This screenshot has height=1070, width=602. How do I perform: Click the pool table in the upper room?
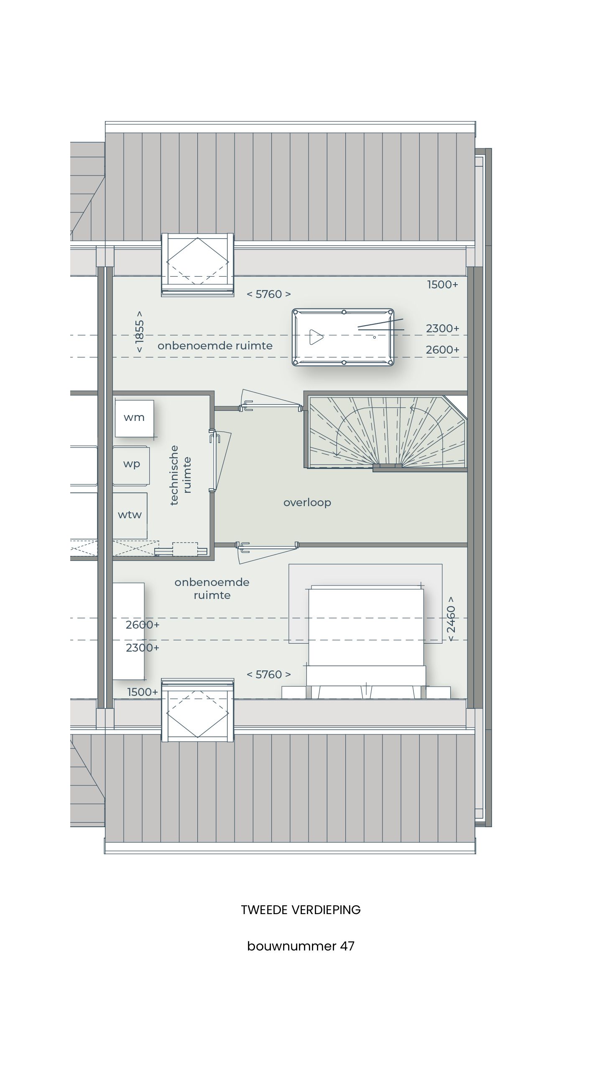coord(343,337)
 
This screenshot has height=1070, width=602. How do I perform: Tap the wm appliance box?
coord(134,418)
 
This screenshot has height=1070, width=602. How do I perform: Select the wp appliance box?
coord(131,464)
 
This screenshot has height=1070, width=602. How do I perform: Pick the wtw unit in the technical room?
coord(130,515)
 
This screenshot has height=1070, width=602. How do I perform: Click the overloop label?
coord(307,502)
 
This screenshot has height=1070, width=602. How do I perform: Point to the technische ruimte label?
coord(181,475)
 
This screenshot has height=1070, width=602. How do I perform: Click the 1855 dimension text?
coord(140,331)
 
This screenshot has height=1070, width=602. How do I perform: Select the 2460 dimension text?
coord(451,619)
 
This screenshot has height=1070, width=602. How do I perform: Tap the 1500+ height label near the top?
coord(442,285)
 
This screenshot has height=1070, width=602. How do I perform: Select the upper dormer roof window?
coord(197,265)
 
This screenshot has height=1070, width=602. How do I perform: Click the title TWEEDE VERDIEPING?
coord(301,910)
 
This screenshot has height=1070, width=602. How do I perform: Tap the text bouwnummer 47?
coord(301,946)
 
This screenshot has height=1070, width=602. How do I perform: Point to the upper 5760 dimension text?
coord(268,294)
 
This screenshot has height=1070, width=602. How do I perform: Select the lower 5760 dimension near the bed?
coord(268,675)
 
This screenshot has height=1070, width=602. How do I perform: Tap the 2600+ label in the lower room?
coord(143,625)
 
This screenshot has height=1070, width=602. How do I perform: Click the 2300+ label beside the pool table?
coord(442,329)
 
